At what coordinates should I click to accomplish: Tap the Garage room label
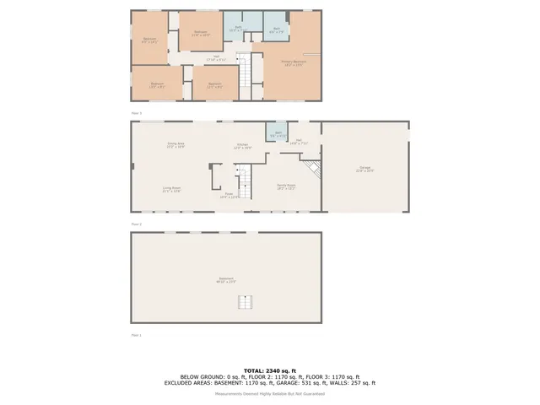click(x=364, y=170)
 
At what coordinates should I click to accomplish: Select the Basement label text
click(x=227, y=280)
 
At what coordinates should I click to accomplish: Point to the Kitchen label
click(x=241, y=147)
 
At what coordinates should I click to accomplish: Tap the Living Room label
click(x=172, y=190)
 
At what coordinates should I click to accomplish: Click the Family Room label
click(x=285, y=187)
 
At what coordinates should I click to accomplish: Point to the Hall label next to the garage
click(x=299, y=143)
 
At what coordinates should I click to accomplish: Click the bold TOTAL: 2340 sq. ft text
click(x=269, y=370)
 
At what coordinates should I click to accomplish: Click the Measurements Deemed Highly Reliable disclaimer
click(x=269, y=392)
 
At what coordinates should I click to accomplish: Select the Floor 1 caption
click(x=136, y=335)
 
